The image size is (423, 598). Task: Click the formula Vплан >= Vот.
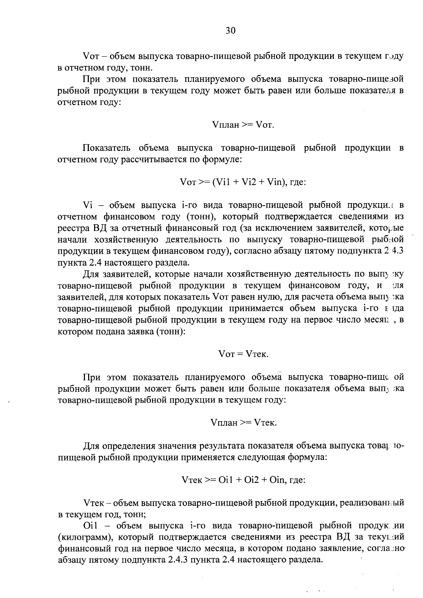pos(243,125)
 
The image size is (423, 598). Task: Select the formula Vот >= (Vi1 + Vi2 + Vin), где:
pos(243,182)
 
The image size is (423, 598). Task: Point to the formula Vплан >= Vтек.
pos(243,422)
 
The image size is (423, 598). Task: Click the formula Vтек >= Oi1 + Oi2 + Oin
pos(243,480)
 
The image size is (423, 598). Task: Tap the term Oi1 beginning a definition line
pos(90,526)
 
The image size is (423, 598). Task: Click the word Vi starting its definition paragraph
pos(87,205)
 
